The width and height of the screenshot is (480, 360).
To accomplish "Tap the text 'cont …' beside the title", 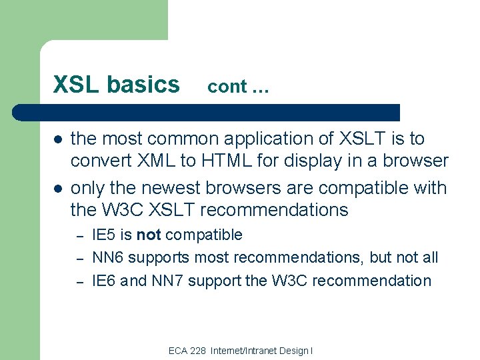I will point(238,87).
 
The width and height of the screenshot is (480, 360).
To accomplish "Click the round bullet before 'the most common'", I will point(58,140).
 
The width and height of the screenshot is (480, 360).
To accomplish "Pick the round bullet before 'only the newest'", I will point(58,189).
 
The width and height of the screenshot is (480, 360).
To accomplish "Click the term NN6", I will point(108,257).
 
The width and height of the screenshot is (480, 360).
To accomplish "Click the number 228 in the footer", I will point(197,351).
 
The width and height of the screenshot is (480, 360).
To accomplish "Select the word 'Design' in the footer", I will point(291,351).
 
